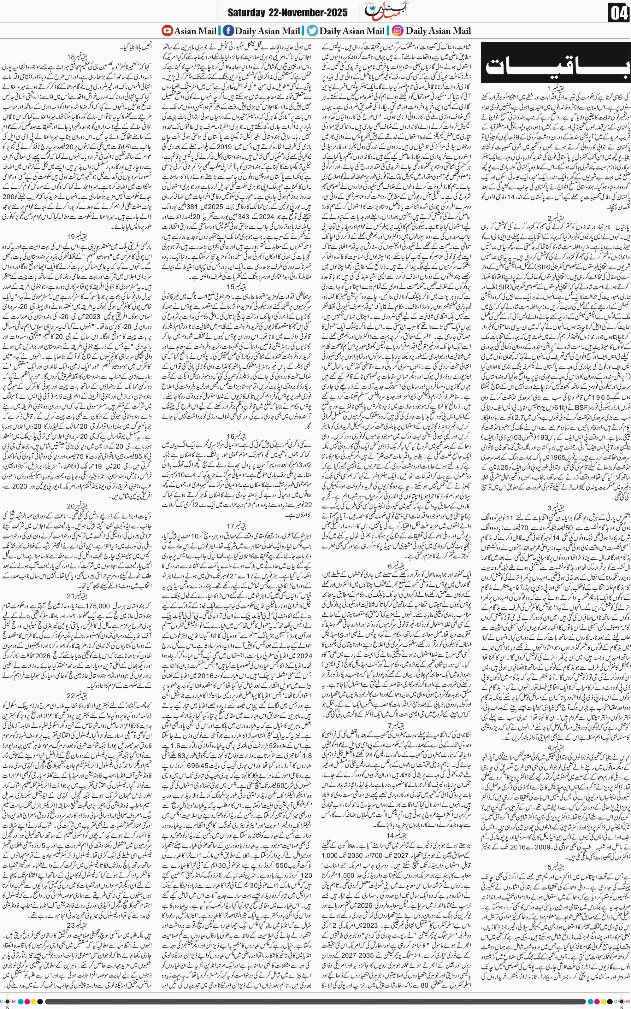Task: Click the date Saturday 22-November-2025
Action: click(287, 13)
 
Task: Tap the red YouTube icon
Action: click(167, 31)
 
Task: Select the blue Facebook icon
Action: click(228, 31)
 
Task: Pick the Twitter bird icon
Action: click(312, 31)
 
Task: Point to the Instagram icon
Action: click(398, 31)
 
